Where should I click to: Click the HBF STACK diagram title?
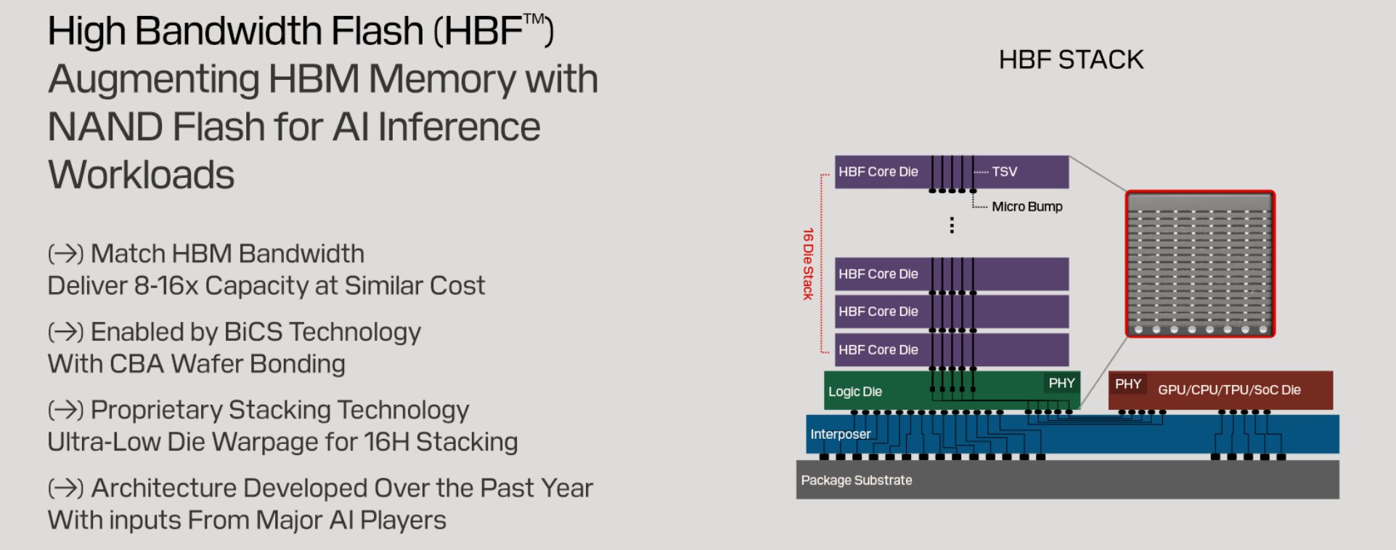(x=1071, y=60)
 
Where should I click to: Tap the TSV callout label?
(x=1005, y=171)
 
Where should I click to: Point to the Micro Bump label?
(x=1027, y=206)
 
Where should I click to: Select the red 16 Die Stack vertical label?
(x=808, y=264)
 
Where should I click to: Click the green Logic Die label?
(x=855, y=392)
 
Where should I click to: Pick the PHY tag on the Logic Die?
(x=1061, y=383)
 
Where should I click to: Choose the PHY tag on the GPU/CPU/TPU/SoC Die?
(x=1128, y=384)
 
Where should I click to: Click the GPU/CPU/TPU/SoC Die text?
(x=1229, y=390)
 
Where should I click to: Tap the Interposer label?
(x=840, y=434)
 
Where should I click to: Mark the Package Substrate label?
(x=857, y=480)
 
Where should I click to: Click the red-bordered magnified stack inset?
(x=1200, y=264)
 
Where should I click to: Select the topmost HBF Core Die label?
(x=878, y=172)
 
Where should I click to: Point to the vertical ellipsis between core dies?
(x=952, y=225)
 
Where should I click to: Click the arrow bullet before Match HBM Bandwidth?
(x=66, y=254)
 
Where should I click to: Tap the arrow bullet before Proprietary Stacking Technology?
(x=66, y=411)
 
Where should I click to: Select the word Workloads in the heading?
(x=142, y=175)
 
